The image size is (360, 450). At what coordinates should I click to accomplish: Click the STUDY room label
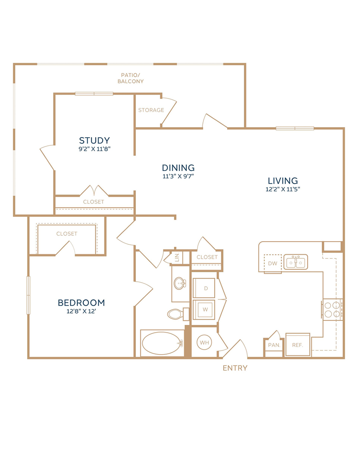click(94, 140)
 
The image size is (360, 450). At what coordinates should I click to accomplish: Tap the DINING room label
click(178, 167)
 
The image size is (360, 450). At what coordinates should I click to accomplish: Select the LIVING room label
click(283, 180)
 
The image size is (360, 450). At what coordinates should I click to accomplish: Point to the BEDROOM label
click(81, 302)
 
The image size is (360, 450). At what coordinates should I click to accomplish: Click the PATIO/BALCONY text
click(130, 78)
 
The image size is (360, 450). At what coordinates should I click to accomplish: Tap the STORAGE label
click(151, 110)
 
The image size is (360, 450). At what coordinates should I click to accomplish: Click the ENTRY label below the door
click(235, 368)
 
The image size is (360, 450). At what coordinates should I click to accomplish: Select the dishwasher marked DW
click(272, 263)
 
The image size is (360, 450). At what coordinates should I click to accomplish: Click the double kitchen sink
click(296, 262)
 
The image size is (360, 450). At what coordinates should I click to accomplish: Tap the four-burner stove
click(332, 310)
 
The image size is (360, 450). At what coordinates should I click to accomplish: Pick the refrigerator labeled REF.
click(298, 344)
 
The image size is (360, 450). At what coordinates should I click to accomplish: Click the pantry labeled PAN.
click(274, 345)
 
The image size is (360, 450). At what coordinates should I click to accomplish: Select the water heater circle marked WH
click(204, 342)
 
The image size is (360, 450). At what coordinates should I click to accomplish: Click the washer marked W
click(205, 310)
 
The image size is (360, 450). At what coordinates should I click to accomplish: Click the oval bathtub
click(162, 343)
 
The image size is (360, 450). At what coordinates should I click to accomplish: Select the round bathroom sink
click(180, 283)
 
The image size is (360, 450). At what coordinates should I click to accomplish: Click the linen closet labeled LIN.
click(177, 257)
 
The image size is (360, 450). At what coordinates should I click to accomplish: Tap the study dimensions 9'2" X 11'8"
click(94, 148)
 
